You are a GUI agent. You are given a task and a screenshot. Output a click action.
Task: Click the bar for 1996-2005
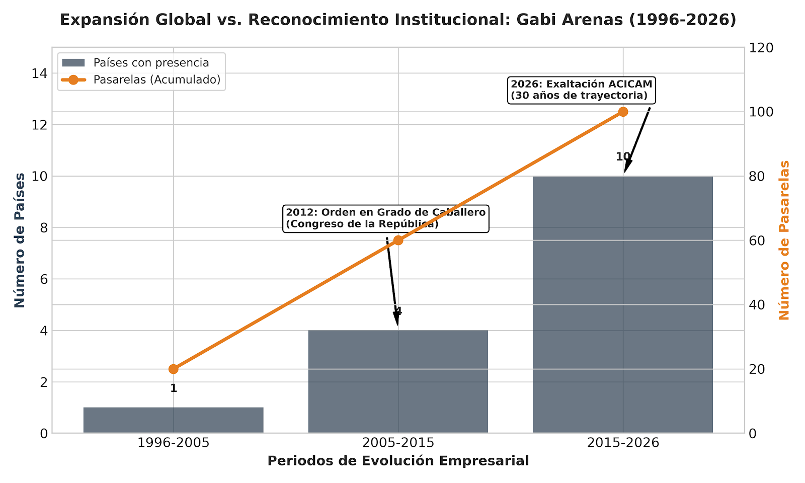click(x=174, y=420)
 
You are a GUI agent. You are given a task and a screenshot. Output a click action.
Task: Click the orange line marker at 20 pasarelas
click(x=174, y=369)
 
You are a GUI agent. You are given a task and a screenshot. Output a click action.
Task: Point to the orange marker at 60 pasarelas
click(x=398, y=240)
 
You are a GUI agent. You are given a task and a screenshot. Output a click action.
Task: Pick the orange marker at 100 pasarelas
click(x=623, y=112)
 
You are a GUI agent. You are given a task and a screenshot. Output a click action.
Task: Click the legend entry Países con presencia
click(x=151, y=63)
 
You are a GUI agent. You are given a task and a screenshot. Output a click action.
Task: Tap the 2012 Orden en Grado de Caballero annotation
click(x=386, y=218)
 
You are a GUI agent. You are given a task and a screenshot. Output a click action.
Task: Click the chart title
click(x=398, y=20)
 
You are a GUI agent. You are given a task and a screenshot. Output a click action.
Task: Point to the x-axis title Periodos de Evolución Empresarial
click(x=398, y=461)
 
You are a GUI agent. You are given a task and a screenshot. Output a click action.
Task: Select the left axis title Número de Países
click(x=20, y=240)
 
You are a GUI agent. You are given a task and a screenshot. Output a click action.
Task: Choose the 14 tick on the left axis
click(x=40, y=73)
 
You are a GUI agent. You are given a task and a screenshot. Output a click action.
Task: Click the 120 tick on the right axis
click(x=761, y=48)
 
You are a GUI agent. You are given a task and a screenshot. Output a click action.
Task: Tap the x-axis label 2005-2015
click(x=398, y=443)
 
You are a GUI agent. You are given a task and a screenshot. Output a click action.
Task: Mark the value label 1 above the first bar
click(x=174, y=388)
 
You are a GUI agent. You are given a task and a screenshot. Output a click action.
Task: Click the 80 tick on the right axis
click(x=757, y=176)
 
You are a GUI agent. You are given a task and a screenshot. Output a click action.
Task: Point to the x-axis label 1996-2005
click(x=174, y=443)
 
